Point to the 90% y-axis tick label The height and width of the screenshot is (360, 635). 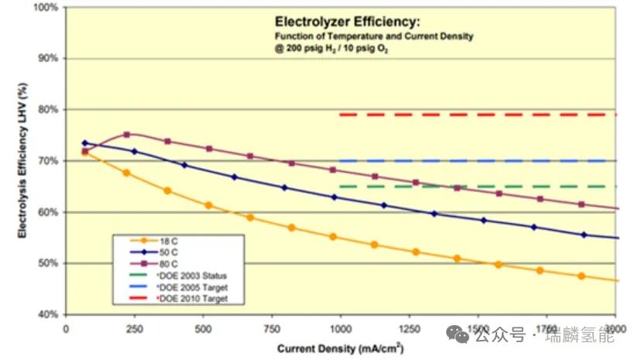point(47,59)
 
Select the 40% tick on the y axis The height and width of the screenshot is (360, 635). point(47,314)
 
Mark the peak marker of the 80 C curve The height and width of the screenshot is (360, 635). point(127,135)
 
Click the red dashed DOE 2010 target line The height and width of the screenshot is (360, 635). point(480,115)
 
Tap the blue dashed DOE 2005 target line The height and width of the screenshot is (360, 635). point(480,161)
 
